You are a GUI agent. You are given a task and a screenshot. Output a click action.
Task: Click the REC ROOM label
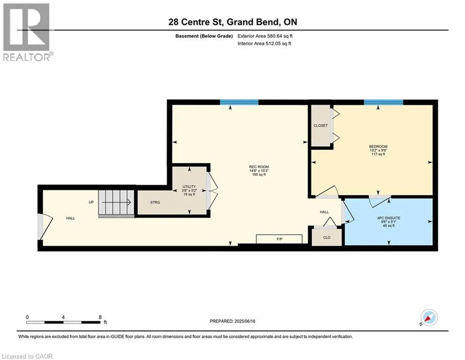(x=259, y=167)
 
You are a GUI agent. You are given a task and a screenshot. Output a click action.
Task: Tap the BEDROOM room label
(x=378, y=146)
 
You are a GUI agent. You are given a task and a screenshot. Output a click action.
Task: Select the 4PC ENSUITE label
(x=389, y=218)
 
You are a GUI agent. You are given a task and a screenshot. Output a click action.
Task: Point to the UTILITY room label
(x=189, y=187)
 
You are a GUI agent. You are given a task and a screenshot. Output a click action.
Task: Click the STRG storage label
(x=155, y=202)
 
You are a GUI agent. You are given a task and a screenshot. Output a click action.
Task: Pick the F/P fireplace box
(x=279, y=239)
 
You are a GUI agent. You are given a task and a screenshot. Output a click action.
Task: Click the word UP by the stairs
(x=91, y=202)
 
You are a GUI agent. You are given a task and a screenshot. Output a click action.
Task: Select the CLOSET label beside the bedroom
(x=321, y=126)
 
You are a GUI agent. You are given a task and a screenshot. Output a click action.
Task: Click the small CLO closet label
(x=326, y=238)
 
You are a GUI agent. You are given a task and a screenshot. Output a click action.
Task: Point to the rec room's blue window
(x=239, y=102)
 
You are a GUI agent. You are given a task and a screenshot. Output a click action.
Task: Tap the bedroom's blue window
(x=384, y=102)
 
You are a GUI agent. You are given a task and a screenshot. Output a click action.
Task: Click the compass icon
(x=429, y=317)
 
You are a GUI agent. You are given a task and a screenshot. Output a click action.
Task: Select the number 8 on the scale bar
(x=100, y=317)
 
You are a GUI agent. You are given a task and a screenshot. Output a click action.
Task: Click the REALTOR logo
(x=27, y=32)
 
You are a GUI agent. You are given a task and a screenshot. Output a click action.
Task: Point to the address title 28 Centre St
(x=195, y=22)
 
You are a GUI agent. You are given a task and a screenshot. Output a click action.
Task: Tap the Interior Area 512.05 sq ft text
(x=264, y=44)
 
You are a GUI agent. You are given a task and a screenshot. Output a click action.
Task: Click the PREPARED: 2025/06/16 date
(x=232, y=321)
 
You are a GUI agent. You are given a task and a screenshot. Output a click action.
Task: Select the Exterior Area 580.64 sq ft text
(x=265, y=36)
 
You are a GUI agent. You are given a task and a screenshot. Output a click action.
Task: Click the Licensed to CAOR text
(x=27, y=356)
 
